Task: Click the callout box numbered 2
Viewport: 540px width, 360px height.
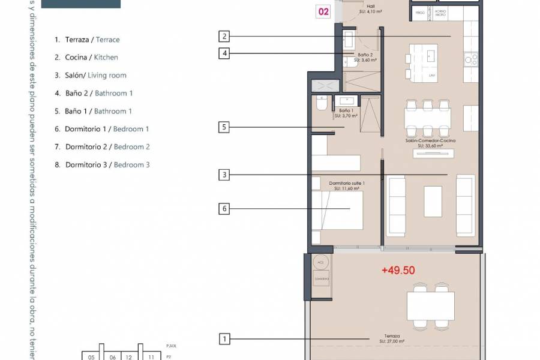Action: (x=224, y=36)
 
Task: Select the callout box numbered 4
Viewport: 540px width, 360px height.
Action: (x=224, y=53)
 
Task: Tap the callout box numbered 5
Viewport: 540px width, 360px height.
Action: (x=224, y=127)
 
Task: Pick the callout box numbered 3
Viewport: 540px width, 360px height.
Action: (x=224, y=175)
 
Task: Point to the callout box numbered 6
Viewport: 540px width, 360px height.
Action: (x=224, y=209)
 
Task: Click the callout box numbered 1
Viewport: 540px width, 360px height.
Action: (x=224, y=340)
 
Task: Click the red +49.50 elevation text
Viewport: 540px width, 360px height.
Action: (x=398, y=271)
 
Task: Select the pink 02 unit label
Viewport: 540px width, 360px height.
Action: (x=323, y=11)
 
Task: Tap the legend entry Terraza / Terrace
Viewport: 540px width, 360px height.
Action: (x=87, y=40)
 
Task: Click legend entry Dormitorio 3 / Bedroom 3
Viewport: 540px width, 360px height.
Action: (x=102, y=164)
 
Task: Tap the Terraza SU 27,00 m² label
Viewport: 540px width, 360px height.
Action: (x=393, y=339)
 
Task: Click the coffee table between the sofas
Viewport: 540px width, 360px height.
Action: (x=433, y=201)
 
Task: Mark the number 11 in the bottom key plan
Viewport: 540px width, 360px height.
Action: (x=152, y=357)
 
